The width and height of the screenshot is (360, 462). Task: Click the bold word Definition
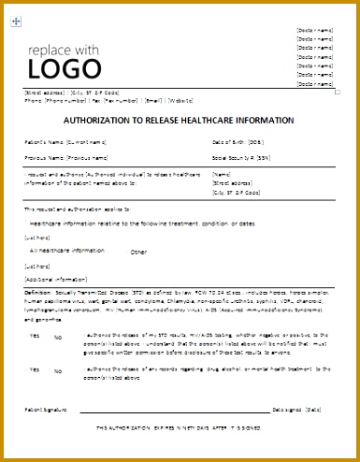[x=39, y=293]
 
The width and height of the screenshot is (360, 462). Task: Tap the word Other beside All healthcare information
[x=138, y=253]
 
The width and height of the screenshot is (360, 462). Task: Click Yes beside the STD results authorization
[x=35, y=334]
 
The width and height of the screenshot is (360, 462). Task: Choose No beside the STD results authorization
[x=57, y=336]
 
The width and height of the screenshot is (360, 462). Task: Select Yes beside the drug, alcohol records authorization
[x=35, y=369]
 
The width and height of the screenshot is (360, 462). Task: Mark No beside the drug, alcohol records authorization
[x=57, y=371]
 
